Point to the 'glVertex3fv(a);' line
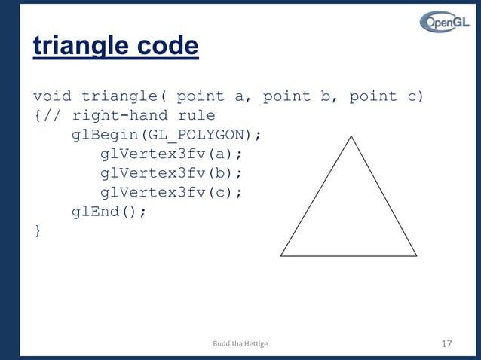pos(172,154)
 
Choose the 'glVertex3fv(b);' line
pos(172,173)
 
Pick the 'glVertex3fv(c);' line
pos(172,192)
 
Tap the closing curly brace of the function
pos(37,230)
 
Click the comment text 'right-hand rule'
pos(143,115)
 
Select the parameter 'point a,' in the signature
pos(219,96)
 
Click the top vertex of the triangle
pos(351,136)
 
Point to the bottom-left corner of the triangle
pos(281,255)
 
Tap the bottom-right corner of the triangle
pos(417,255)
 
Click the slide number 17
pos(446,344)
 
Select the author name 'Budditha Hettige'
pos(240,344)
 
